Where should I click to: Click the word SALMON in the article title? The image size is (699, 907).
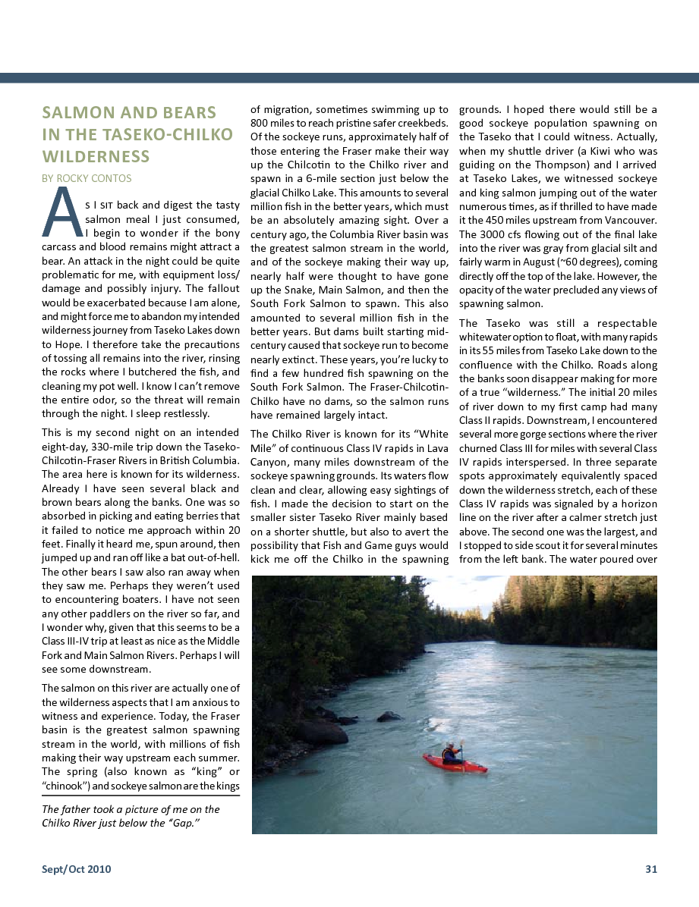click(72, 113)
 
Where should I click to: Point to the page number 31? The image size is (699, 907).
click(650, 869)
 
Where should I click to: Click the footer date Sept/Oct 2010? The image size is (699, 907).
click(76, 869)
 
